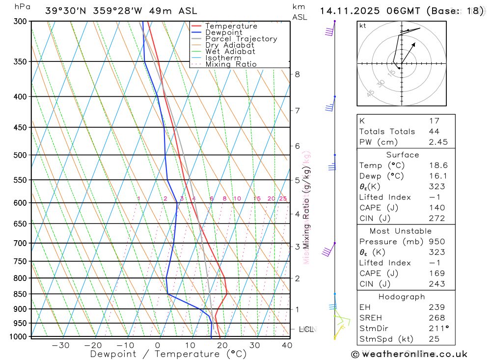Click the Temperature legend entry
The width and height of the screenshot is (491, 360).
(x=231, y=26)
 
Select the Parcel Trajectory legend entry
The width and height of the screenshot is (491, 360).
(x=241, y=39)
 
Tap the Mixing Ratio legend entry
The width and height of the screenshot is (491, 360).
(x=231, y=64)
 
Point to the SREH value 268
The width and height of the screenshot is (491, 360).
(x=436, y=318)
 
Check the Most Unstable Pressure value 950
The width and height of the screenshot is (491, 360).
(x=436, y=242)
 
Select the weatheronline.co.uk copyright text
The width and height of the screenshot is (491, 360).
(x=409, y=354)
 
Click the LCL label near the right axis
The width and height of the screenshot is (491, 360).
(x=306, y=329)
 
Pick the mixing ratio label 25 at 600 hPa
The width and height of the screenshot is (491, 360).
(x=283, y=199)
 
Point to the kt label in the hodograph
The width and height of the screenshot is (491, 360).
(x=363, y=26)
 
